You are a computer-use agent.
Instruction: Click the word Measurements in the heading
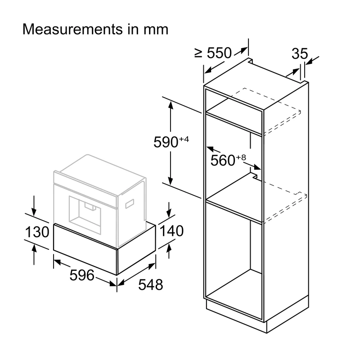[x=73, y=29]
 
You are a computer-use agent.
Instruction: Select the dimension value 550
[x=219, y=53]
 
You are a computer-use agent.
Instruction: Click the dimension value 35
[x=300, y=54]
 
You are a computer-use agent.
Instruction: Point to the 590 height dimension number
[x=166, y=142]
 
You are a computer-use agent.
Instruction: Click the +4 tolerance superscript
[x=184, y=139]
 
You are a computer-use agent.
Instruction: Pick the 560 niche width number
[x=223, y=160]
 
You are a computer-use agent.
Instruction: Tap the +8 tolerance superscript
[x=241, y=157]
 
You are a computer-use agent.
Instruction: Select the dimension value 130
[x=37, y=232]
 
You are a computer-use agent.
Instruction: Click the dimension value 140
[x=171, y=231]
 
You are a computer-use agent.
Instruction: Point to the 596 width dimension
[x=82, y=275]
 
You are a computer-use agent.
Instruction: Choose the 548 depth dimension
[x=151, y=285]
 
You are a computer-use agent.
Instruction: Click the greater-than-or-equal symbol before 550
[x=198, y=53]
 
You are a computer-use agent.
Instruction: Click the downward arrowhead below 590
[x=171, y=181]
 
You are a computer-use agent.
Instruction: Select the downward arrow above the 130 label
[x=34, y=206]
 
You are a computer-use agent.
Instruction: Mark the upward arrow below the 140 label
[x=169, y=251]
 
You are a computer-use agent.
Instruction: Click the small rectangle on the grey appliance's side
[x=130, y=204]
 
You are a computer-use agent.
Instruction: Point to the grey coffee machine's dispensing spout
[x=90, y=207]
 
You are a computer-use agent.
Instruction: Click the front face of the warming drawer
[x=85, y=249]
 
